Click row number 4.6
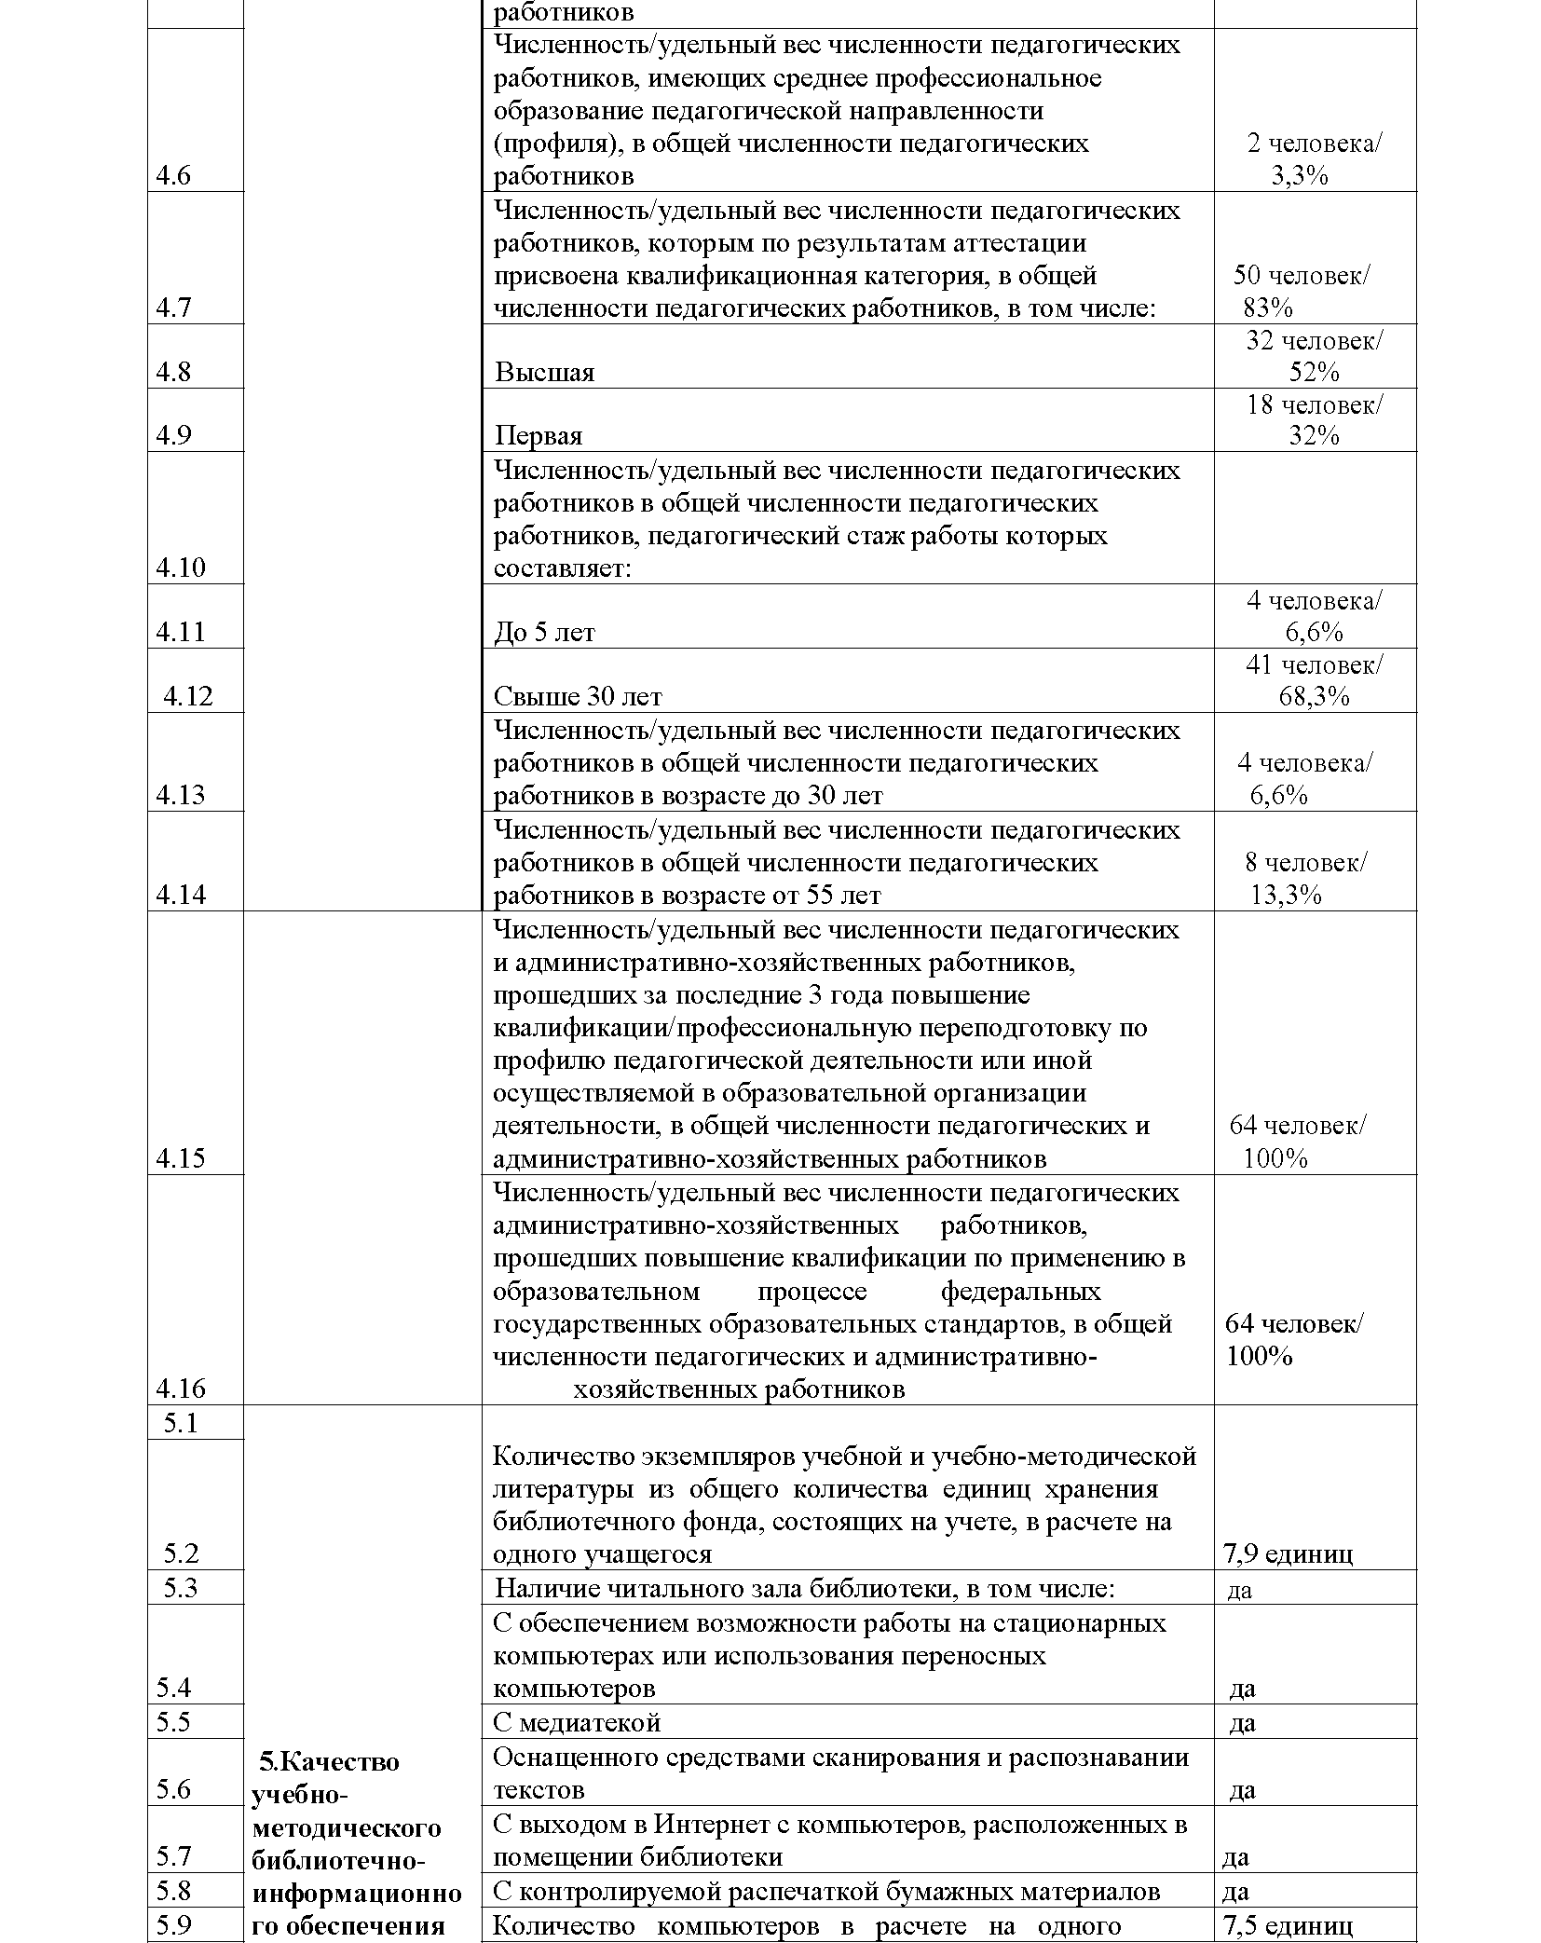[x=173, y=176]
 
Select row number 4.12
[x=188, y=696]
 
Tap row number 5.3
[x=181, y=1588]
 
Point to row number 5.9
[x=173, y=1925]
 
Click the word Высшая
[x=544, y=373]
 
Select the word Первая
[x=539, y=436]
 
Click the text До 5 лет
[x=544, y=633]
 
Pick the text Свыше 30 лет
[x=578, y=696]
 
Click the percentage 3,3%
[x=1299, y=176]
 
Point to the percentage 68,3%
[x=1314, y=696]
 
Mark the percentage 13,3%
[x=1286, y=896]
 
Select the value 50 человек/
[x=1302, y=276]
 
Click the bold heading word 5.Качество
[x=329, y=1761]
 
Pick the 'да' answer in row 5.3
[x=1239, y=1590]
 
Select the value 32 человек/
[x=1315, y=341]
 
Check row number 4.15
[x=181, y=1158]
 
